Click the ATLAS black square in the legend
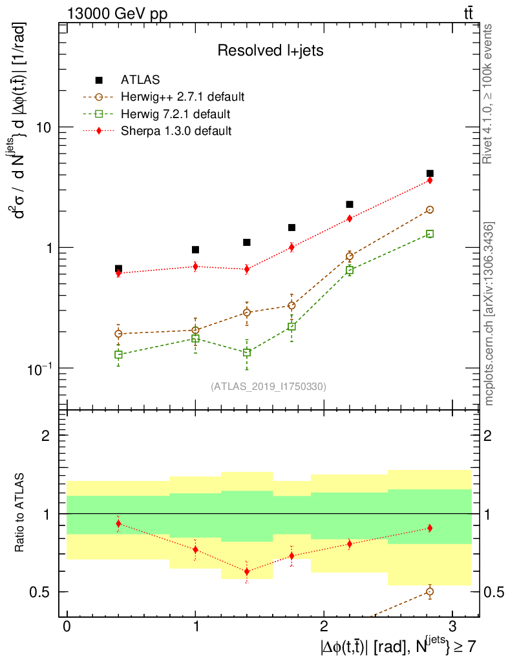(x=99, y=80)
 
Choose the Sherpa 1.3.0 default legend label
(x=176, y=131)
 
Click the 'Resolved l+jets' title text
(x=270, y=50)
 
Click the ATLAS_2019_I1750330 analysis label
(x=268, y=387)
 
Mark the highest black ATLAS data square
(x=430, y=174)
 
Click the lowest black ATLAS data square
(x=118, y=269)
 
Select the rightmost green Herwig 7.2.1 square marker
(x=430, y=234)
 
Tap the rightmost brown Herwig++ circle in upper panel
(x=430, y=210)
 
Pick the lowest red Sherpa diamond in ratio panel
(x=247, y=571)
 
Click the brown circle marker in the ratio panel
(x=430, y=591)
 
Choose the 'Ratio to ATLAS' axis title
(x=21, y=513)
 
